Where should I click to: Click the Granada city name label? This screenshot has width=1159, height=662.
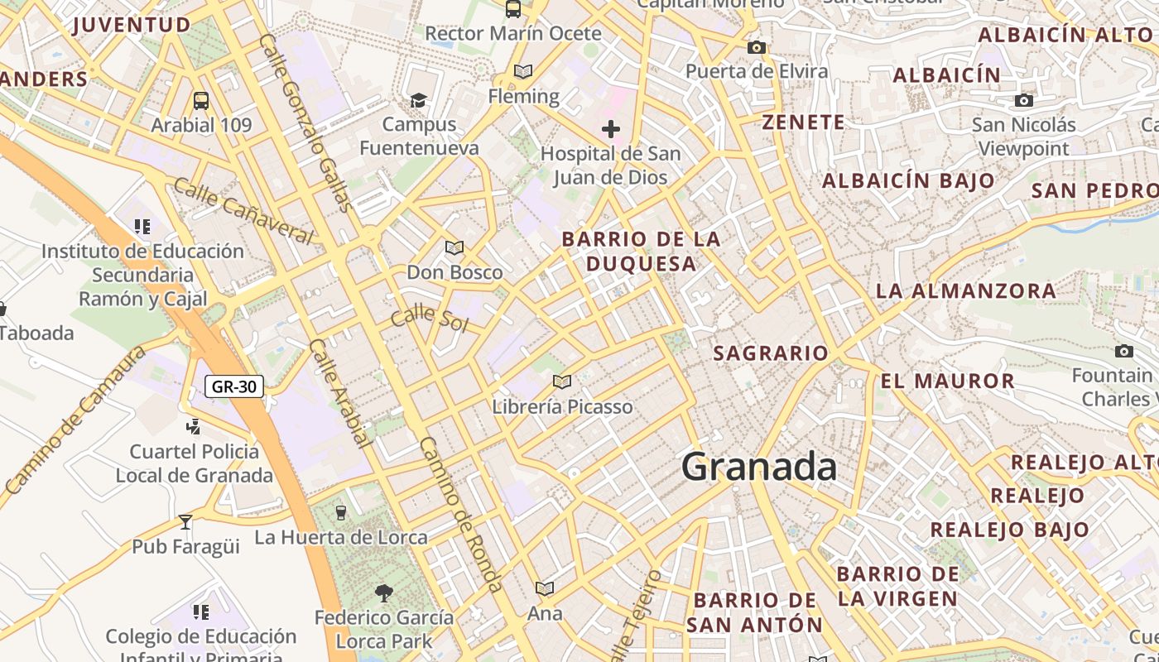click(x=758, y=468)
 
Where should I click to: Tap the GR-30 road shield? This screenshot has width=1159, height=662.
click(x=234, y=386)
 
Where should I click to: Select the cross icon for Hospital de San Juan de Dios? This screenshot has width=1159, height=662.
click(x=611, y=129)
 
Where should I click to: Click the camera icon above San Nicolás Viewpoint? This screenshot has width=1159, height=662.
click(x=1024, y=100)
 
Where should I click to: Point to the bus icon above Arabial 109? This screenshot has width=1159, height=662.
click(x=201, y=101)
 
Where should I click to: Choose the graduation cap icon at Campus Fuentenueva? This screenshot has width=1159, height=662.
click(x=419, y=100)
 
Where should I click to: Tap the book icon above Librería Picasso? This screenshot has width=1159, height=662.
click(x=562, y=381)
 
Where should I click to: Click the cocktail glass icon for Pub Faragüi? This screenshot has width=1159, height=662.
click(x=185, y=522)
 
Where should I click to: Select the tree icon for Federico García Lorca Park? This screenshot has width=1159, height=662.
click(x=383, y=592)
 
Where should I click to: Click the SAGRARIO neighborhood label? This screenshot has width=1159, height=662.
click(x=771, y=353)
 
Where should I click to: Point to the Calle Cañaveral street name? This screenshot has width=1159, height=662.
click(x=244, y=211)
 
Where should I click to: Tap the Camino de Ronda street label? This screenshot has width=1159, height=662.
click(x=460, y=513)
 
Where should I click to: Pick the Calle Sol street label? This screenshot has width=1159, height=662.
click(x=430, y=318)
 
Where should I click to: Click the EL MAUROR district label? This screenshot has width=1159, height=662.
click(x=948, y=381)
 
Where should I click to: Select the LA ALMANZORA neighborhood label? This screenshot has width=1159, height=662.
click(x=966, y=291)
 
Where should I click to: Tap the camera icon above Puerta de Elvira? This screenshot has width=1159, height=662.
click(x=756, y=47)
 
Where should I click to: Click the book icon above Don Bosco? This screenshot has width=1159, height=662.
click(x=454, y=247)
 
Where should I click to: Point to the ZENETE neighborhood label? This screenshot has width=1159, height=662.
click(x=804, y=122)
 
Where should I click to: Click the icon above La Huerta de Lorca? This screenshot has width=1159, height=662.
click(x=340, y=513)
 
